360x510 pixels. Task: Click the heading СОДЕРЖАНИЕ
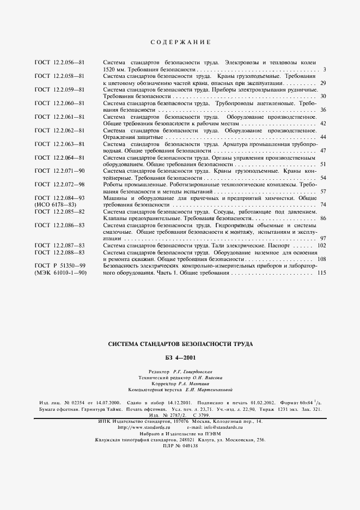click(180, 42)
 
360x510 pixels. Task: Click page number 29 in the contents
click(323, 83)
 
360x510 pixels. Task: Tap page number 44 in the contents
click(323, 137)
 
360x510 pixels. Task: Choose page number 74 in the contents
click(323, 205)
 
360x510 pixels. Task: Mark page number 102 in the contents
click(321, 245)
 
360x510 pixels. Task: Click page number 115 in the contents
click(321, 272)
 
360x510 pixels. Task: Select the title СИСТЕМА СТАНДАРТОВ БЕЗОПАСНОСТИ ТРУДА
click(180, 344)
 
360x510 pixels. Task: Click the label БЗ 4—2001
click(180, 358)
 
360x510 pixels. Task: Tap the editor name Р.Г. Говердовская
click(190, 371)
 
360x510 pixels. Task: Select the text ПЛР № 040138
click(180, 446)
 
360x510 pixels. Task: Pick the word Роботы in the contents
click(113, 185)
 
